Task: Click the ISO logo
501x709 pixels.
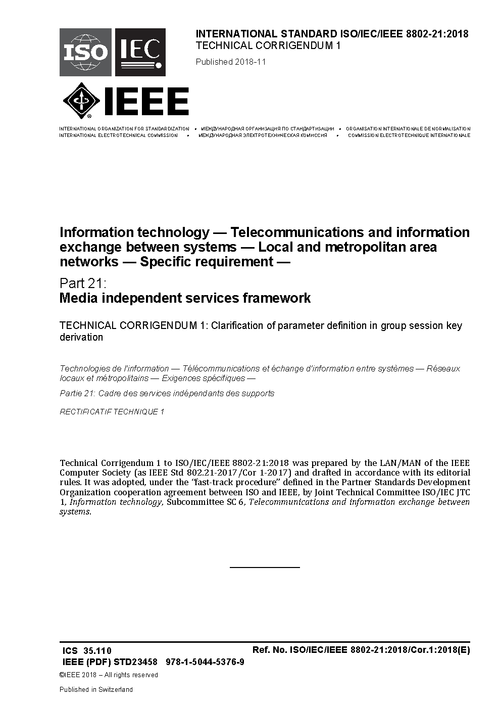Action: (85, 52)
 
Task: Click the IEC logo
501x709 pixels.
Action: (140, 52)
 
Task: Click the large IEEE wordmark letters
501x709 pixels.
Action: (146, 101)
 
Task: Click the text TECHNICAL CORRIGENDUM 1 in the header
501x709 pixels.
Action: (268, 45)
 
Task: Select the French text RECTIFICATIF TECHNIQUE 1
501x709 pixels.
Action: (112, 412)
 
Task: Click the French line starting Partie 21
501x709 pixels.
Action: (167, 393)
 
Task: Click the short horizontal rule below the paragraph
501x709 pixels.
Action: (265, 568)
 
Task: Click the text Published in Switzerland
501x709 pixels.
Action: (96, 689)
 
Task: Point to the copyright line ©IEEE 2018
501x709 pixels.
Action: (109, 675)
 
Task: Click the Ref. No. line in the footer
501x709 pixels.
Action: (361, 650)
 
